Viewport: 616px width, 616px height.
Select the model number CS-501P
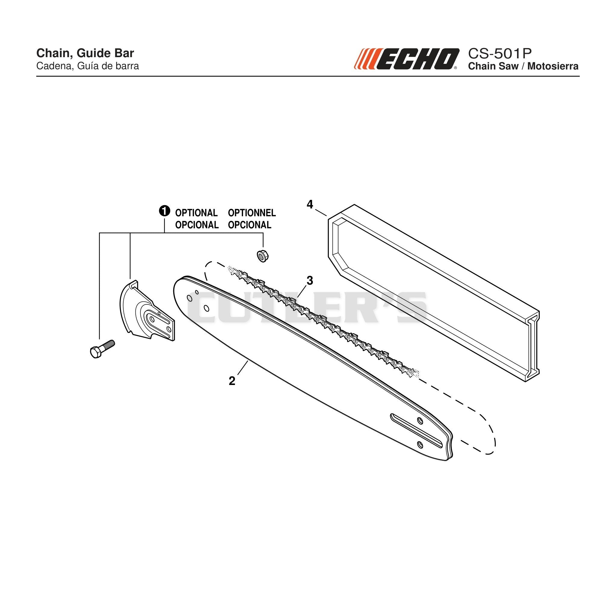(500, 53)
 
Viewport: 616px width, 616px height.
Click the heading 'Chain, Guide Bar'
(85, 53)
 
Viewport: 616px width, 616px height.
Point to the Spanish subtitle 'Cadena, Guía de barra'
(88, 66)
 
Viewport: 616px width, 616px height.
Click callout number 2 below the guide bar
(232, 381)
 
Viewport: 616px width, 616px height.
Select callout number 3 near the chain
(309, 281)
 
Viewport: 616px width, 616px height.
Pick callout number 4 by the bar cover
(310, 204)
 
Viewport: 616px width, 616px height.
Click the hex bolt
(102, 349)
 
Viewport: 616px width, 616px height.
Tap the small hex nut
(262, 256)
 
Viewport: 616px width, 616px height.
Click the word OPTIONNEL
(252, 213)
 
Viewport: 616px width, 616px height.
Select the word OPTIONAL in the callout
(196, 213)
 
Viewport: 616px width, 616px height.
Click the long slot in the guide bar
(416, 431)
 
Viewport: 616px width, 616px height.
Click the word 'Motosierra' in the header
(553, 66)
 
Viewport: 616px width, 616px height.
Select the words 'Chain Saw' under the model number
(493, 66)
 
